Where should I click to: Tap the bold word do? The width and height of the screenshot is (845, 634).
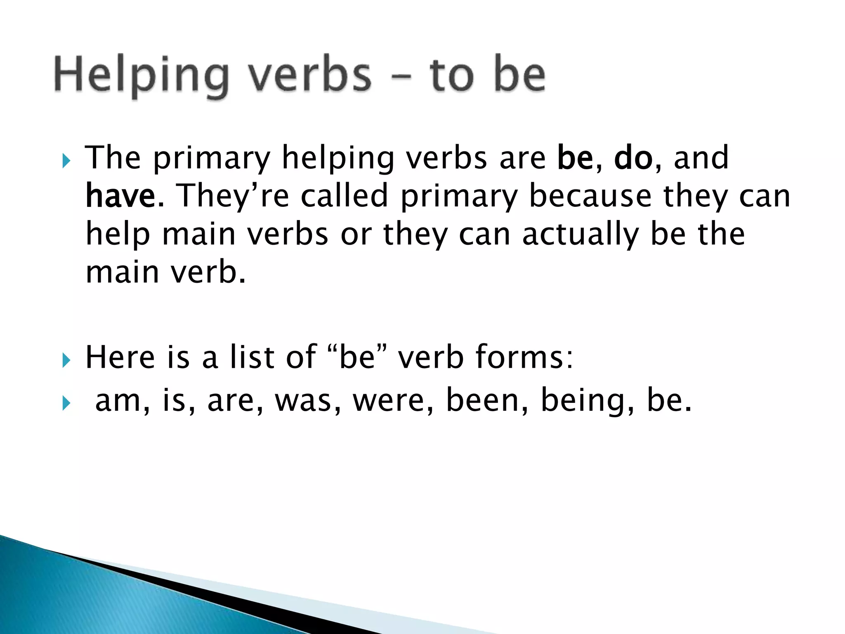(x=633, y=158)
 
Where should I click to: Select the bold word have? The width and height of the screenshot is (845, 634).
(x=120, y=196)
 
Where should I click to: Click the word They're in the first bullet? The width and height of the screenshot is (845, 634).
(x=233, y=196)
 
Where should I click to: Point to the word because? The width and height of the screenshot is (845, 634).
(x=590, y=196)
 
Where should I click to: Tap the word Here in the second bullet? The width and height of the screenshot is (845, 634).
(x=120, y=357)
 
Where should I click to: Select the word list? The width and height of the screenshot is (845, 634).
(x=252, y=357)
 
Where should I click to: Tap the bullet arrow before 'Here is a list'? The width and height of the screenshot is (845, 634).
(x=66, y=360)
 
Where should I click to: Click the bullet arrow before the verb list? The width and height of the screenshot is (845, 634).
(x=66, y=403)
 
